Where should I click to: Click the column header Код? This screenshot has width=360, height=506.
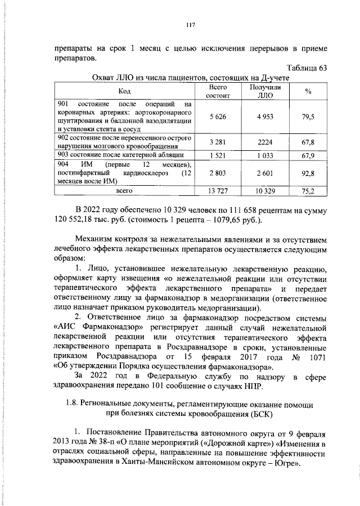[x=124, y=91]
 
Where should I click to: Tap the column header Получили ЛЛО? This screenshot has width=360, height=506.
[x=261, y=91]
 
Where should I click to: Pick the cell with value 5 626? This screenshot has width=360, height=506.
[x=217, y=117]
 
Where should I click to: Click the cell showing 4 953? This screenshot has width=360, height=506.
[x=261, y=117]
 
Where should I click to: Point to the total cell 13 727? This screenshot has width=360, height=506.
[x=217, y=192]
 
